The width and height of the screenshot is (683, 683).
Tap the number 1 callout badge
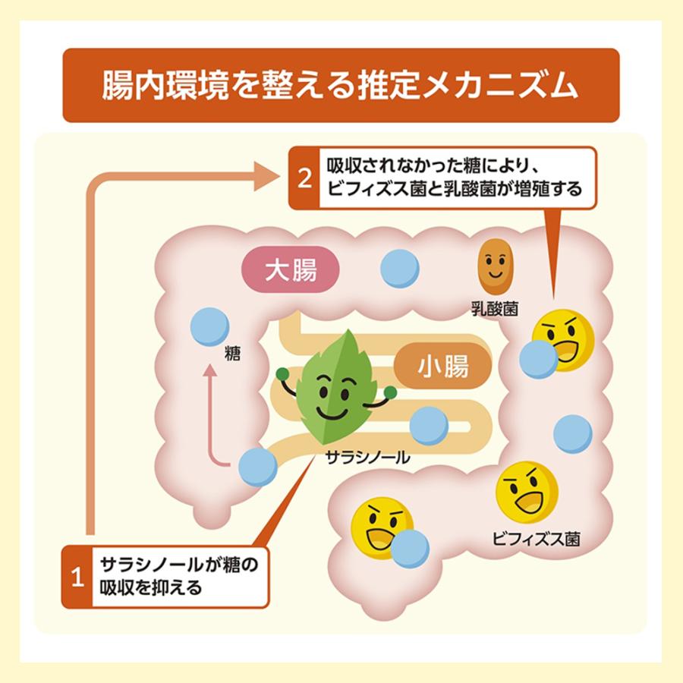[77, 576]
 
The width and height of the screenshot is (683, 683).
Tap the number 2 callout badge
[304, 178]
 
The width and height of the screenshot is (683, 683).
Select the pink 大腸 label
[291, 269]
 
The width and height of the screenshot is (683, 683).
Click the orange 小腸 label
[443, 366]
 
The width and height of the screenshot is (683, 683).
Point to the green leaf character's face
[334, 394]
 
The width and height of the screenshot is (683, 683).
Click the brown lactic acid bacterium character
[496, 266]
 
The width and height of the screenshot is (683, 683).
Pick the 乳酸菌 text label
[496, 310]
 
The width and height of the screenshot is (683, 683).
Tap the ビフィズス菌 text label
[537, 540]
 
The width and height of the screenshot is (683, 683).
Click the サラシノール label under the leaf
[368, 458]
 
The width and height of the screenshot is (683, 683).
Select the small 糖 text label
[233, 353]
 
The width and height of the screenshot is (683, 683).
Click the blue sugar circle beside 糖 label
[210, 326]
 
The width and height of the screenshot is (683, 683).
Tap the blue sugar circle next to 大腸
[400, 269]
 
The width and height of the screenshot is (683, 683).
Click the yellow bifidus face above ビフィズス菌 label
[527, 493]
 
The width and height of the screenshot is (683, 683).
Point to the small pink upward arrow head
[210, 370]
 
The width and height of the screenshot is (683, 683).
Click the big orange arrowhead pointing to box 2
[266, 176]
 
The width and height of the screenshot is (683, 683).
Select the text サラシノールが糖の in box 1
[179, 565]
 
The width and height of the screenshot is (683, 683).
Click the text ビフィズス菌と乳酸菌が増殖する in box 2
[455, 189]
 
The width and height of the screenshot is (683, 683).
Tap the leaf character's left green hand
[283, 374]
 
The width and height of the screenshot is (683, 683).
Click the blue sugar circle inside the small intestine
[429, 426]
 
